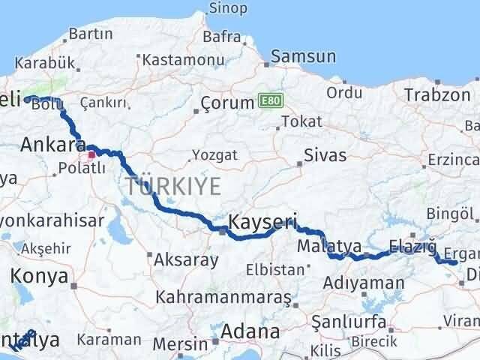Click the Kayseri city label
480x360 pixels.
[262, 222]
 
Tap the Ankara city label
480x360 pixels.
[52, 144]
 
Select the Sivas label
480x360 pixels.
[325, 156]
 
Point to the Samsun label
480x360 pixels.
[303, 56]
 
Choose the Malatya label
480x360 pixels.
[328, 246]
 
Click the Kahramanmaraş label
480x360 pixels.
[223, 296]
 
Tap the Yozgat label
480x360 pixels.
[214, 154]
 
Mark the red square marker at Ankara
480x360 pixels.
[91, 155]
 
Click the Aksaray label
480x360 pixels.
[185, 261]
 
